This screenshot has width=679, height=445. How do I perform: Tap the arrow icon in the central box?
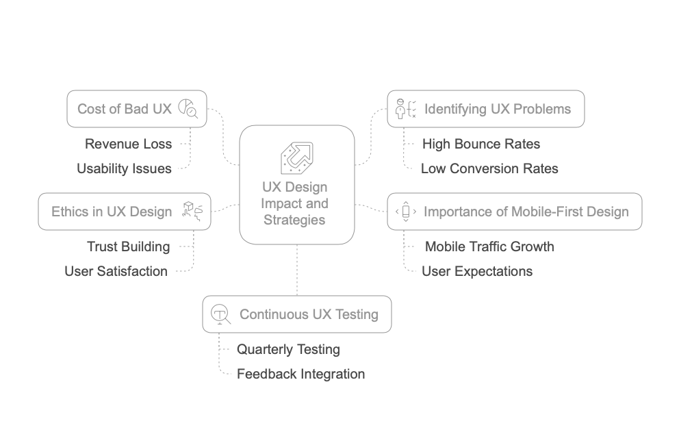click(x=297, y=157)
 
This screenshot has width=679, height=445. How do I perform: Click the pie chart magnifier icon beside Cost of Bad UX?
click(x=188, y=109)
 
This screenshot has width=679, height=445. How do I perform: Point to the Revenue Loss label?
click(x=128, y=144)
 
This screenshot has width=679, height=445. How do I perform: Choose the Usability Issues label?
click(x=124, y=168)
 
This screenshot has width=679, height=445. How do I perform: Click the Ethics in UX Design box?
click(x=124, y=212)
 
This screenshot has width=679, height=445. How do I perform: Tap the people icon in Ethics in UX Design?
click(x=192, y=211)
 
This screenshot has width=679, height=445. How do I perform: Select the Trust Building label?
click(x=129, y=246)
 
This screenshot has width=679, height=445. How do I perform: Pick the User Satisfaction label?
click(x=116, y=271)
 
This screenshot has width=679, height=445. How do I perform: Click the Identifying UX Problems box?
click(x=486, y=109)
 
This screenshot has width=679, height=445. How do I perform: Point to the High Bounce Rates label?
click(x=481, y=144)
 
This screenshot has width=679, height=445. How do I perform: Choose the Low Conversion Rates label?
click(x=489, y=168)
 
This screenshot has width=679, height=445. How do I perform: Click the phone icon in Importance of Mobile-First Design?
click(x=406, y=212)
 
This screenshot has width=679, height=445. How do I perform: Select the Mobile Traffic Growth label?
click(x=489, y=246)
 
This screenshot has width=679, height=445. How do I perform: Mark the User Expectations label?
click(x=477, y=271)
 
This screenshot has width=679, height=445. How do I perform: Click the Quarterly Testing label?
click(x=288, y=349)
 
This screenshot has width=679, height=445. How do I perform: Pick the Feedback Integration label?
click(x=300, y=374)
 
